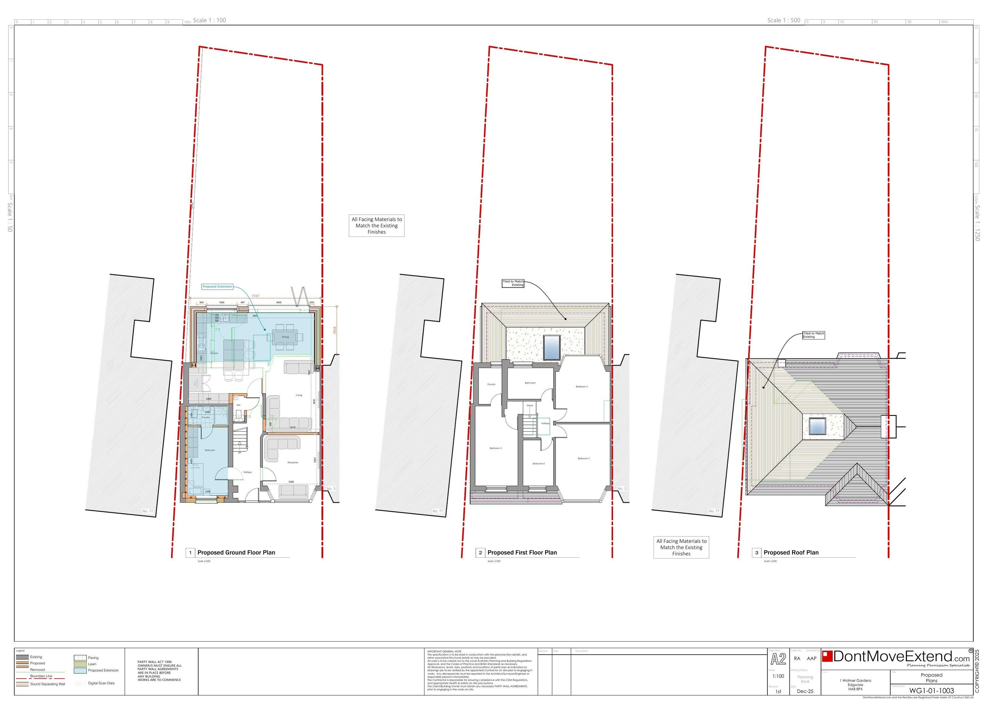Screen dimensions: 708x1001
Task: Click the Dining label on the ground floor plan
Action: click(x=285, y=337)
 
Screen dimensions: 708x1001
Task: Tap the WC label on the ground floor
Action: click(x=239, y=405)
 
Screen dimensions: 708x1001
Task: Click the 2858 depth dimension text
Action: click(x=335, y=331)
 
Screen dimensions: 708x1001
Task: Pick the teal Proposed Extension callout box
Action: click(x=217, y=287)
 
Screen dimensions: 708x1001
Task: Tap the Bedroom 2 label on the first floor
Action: click(x=582, y=387)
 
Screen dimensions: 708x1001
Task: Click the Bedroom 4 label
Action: click(x=539, y=464)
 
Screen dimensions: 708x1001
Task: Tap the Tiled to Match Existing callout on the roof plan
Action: click(x=813, y=335)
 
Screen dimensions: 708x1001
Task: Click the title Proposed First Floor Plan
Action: click(x=522, y=553)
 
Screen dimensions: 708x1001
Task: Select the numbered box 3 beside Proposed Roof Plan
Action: click(x=756, y=553)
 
